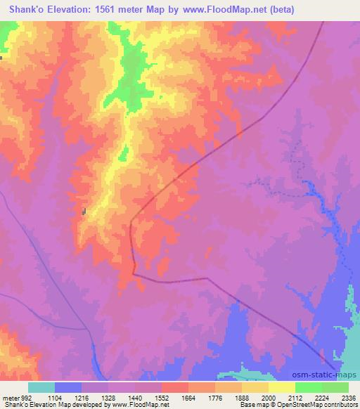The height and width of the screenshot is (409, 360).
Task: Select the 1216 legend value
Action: pyautogui.click(x=81, y=397)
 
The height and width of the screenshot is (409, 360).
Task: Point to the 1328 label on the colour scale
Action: pyautogui.click(x=108, y=397)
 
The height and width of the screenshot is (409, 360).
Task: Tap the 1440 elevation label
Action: pyautogui.click(x=134, y=397)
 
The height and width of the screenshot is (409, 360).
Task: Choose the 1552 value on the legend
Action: pyautogui.click(x=161, y=397)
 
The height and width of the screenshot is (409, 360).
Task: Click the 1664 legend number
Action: pyautogui.click(x=188, y=397)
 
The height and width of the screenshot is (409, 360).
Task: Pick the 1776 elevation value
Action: pyautogui.click(x=214, y=397)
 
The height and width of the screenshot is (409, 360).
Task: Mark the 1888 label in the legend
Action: pyautogui.click(x=241, y=397)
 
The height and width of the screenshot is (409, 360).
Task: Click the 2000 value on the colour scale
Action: pyautogui.click(x=268, y=397)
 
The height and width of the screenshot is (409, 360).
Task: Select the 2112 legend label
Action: pyautogui.click(x=295, y=397)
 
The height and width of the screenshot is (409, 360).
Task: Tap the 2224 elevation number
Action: pyautogui.click(x=321, y=397)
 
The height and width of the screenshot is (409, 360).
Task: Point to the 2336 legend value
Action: pyautogui.click(x=347, y=397)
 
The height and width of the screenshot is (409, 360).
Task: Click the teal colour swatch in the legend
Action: pyautogui.click(x=41, y=387)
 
